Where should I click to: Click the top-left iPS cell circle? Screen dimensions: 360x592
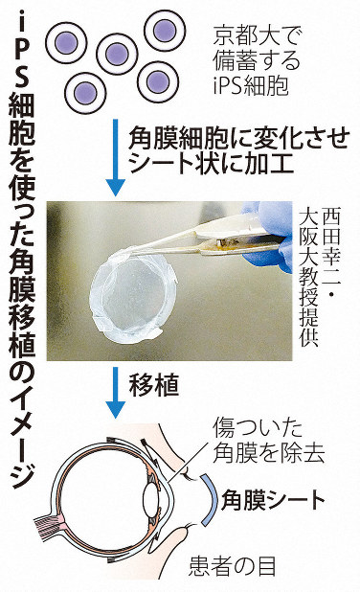point(66,43)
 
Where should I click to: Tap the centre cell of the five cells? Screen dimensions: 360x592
point(117,55)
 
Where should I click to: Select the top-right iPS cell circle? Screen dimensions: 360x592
point(165,31)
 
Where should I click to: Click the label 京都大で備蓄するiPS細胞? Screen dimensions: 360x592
point(258,60)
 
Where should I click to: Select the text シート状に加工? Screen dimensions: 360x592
point(212,163)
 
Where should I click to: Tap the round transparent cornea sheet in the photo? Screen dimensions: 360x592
point(134,295)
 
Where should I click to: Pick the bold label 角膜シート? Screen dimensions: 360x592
point(273,500)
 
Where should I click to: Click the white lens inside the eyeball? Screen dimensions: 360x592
point(151,500)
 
